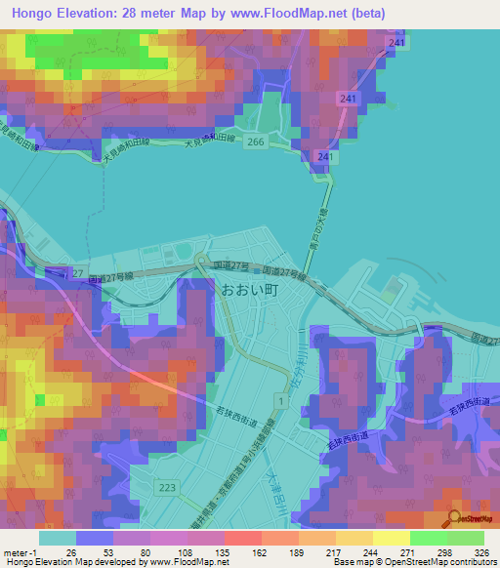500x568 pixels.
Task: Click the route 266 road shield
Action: pos(256,142)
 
